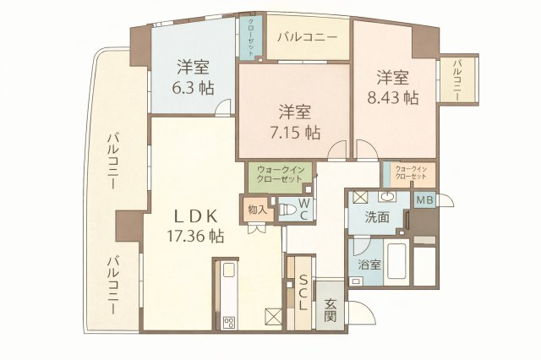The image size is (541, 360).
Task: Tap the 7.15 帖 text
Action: (295, 132)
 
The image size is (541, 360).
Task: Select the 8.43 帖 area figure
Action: (393, 97)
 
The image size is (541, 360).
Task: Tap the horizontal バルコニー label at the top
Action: (308, 38)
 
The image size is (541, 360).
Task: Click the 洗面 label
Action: (378, 216)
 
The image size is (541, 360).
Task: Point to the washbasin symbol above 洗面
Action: (387, 198)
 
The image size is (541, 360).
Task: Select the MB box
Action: (425, 200)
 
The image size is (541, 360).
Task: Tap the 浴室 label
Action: (369, 265)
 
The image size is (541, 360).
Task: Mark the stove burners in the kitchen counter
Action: (228, 322)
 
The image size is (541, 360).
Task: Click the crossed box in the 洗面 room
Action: (359, 198)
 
